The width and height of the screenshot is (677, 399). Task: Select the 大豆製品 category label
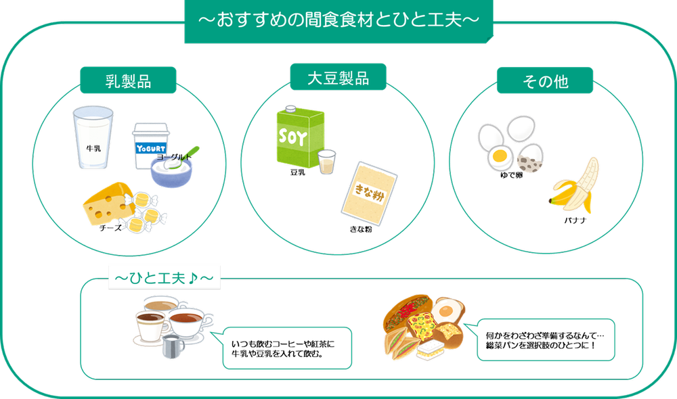[338, 78]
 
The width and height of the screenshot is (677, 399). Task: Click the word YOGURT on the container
[151, 147]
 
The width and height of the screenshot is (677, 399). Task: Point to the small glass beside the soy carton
[328, 161]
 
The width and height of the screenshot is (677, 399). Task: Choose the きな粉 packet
[369, 189]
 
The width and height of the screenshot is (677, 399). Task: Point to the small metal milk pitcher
[173, 347]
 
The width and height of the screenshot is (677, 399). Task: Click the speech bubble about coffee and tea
[288, 348]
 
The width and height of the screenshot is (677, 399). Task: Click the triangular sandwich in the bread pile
[398, 343]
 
